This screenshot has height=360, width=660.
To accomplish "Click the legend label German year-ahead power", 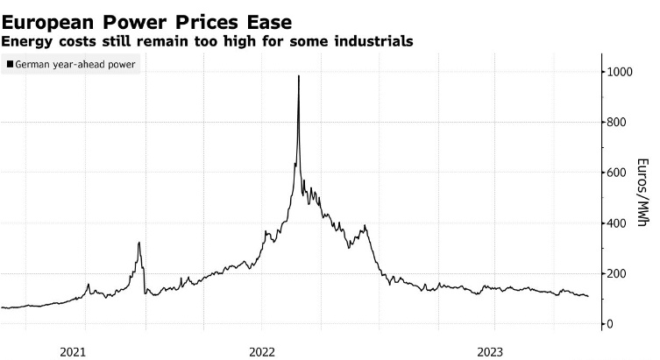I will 75,65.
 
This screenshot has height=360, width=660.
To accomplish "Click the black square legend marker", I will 10,65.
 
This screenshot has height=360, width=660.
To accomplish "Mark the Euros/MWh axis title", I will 642,192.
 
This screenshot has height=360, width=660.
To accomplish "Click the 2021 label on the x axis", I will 74,351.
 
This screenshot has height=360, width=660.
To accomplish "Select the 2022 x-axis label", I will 263,351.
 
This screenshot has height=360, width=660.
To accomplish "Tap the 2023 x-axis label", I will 490,351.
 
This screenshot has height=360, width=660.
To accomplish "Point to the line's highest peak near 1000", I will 299,76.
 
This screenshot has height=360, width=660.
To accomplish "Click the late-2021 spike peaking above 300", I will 138,243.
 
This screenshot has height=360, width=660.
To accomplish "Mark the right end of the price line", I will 587,296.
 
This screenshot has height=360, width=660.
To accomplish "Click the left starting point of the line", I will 2,307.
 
